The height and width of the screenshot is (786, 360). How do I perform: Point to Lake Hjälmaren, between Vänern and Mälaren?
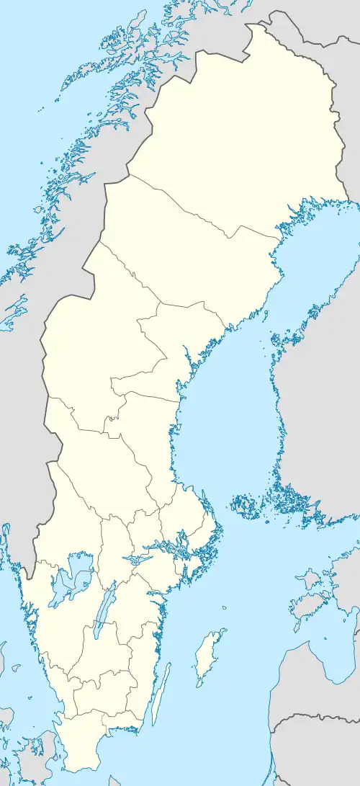[x=134, y=558]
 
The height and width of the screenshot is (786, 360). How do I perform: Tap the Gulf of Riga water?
[x=346, y=634]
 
